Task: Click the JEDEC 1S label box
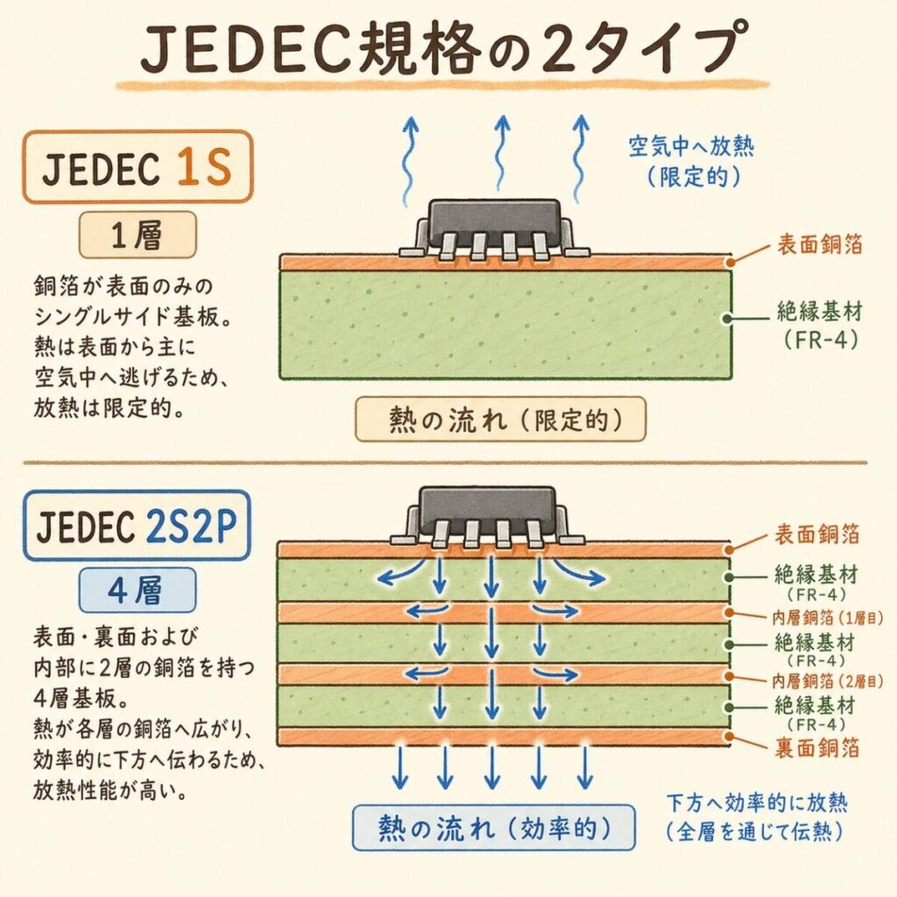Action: tap(137, 167)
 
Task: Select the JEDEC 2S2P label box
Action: tap(138, 524)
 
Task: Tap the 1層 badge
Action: tap(138, 235)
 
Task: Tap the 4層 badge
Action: tap(138, 590)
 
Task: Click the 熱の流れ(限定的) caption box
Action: tap(500, 420)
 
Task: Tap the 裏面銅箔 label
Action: tap(817, 746)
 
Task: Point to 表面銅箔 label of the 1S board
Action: tap(817, 246)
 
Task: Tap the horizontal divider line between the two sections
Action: tap(447, 462)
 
